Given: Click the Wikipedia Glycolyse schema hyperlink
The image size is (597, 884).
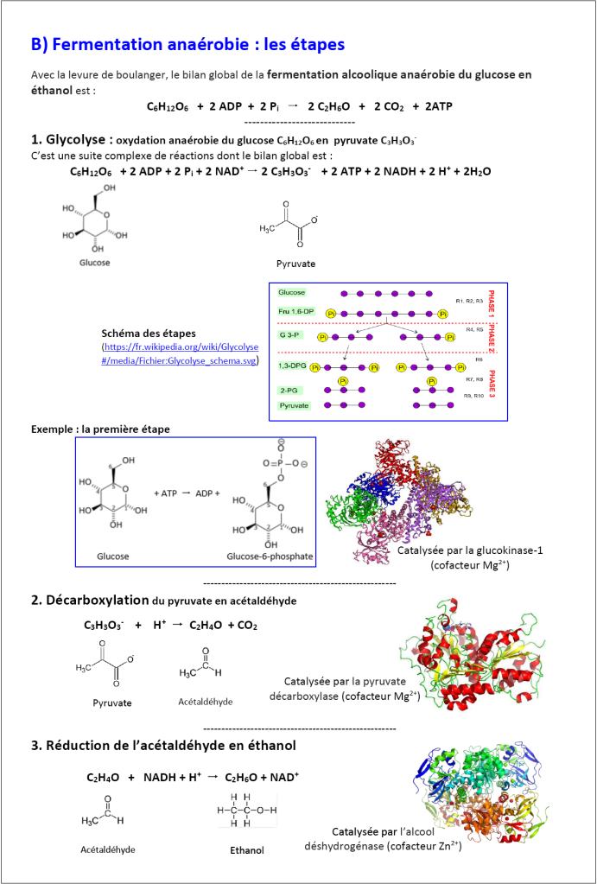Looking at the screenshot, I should click(180, 353).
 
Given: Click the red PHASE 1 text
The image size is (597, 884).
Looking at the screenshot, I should click(492, 302).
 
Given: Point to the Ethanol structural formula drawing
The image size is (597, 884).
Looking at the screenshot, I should click(245, 811).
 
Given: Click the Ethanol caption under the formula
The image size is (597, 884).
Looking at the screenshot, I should click(247, 850).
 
